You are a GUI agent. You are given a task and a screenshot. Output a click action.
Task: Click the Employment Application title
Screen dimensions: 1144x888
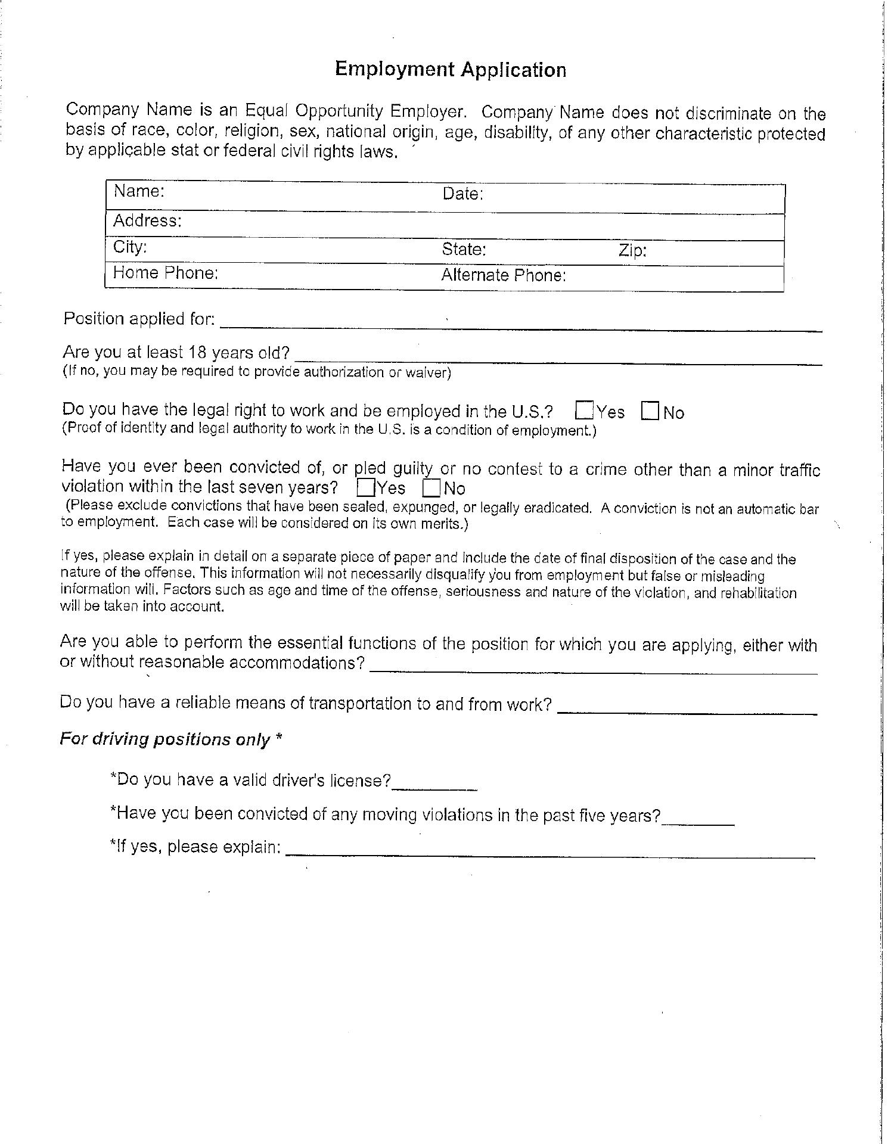[451, 70]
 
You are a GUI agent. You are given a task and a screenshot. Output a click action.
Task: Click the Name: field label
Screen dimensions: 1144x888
[139, 191]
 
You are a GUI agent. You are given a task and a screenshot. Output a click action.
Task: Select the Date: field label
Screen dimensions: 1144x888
[462, 194]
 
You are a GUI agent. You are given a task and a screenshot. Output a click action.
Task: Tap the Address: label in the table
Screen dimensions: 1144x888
[147, 221]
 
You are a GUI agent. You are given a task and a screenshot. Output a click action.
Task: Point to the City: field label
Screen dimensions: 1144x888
[130, 247]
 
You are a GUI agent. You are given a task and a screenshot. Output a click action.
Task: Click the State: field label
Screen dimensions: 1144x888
[464, 249]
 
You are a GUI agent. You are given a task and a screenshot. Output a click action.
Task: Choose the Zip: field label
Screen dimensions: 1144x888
[632, 250]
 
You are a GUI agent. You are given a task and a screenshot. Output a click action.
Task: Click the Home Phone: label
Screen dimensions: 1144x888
[166, 273]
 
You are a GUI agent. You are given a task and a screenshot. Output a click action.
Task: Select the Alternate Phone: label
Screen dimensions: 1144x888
[503, 275]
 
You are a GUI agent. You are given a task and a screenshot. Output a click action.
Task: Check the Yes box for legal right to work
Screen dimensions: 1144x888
[585, 411]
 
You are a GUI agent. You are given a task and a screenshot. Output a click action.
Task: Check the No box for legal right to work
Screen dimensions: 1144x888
[650, 411]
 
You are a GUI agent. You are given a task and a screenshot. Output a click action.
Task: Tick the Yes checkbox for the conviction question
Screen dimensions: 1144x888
[365, 488]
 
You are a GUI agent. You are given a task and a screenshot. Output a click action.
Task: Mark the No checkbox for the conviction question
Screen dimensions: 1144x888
[431, 489]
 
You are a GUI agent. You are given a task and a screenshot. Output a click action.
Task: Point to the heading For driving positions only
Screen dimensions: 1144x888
[170, 739]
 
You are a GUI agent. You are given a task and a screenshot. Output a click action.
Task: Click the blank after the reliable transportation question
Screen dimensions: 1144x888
[687, 708]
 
